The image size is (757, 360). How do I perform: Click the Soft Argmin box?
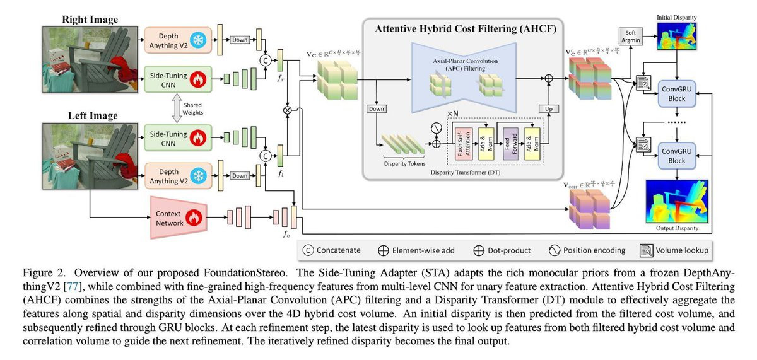coord(630,35)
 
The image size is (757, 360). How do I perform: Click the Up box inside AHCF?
coord(548,109)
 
